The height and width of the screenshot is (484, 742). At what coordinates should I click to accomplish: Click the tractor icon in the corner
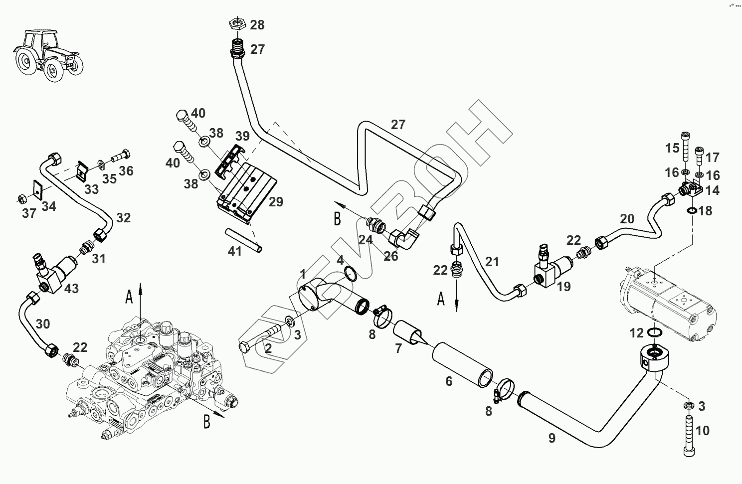pos(48,54)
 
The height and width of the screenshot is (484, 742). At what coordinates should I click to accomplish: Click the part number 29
pos(276,202)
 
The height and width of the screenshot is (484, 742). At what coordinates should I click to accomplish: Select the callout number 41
pos(234,251)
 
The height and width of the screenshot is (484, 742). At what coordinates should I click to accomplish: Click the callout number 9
pos(552,438)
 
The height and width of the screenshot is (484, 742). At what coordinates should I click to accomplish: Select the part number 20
pos(627,218)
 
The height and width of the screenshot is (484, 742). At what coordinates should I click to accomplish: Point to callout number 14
pos(712,190)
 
